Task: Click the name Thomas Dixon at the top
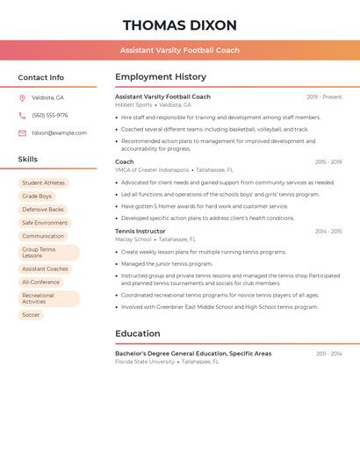click(180, 25)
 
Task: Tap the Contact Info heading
click(40, 77)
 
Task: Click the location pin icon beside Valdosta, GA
click(22, 97)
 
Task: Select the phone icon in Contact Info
click(22, 115)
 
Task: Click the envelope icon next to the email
click(22, 132)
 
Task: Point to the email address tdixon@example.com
click(59, 132)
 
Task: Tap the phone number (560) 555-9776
click(49, 115)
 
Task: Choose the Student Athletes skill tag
click(43, 182)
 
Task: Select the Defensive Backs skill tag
click(43, 210)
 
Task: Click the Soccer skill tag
click(31, 314)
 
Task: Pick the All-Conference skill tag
click(40, 283)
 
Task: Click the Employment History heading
click(161, 76)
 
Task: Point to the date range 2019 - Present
click(324, 97)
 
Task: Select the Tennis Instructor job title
click(140, 231)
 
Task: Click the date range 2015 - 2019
click(328, 161)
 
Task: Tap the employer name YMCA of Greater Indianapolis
click(152, 169)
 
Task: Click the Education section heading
click(138, 333)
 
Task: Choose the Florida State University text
click(145, 361)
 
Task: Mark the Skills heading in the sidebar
click(28, 159)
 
